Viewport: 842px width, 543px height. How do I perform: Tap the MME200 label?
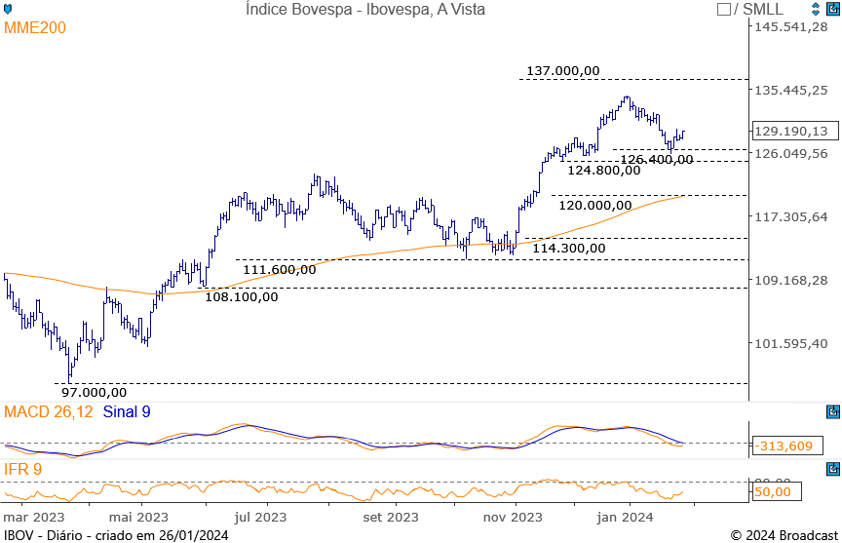pyautogui.click(x=35, y=28)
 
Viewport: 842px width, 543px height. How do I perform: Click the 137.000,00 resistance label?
pyautogui.click(x=562, y=70)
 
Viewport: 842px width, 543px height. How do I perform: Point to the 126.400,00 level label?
pyautogui.click(x=657, y=159)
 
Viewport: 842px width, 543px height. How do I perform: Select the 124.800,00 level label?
pyautogui.click(x=604, y=169)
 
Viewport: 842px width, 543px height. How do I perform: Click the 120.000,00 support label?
pyautogui.click(x=595, y=205)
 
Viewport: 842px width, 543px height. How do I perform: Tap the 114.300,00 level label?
pyautogui.click(x=569, y=248)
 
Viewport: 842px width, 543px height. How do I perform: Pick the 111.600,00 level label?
pyautogui.click(x=280, y=269)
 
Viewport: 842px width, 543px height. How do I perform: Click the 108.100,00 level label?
pyautogui.click(x=241, y=296)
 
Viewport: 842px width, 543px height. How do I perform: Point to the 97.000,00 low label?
pyautogui.click(x=95, y=391)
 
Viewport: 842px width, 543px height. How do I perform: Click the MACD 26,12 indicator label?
pyautogui.click(x=49, y=412)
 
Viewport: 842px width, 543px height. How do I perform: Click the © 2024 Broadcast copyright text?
pyautogui.click(x=783, y=534)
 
